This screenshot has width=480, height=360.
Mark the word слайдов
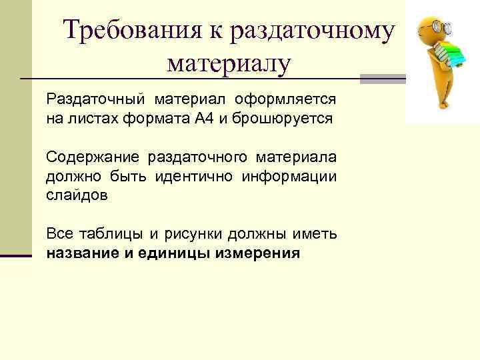click(x=76, y=196)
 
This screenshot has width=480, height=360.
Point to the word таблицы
click(x=113, y=235)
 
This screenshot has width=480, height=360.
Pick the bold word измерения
click(x=257, y=254)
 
